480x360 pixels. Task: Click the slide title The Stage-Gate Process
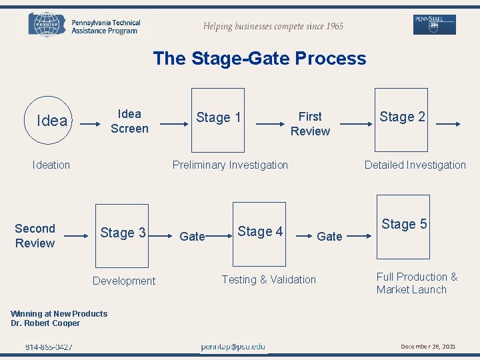pos(259,58)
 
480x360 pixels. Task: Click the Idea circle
pos(51,121)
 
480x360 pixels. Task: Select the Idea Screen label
pos(129,121)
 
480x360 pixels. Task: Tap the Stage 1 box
pos(218,117)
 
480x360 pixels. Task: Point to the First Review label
pos(310,124)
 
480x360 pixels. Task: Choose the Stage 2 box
pos(402,117)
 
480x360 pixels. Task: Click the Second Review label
pos(35,236)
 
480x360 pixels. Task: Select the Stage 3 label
pos(123,233)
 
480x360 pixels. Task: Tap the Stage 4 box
pos(259,231)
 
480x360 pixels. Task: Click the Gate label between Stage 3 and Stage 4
pos(193,236)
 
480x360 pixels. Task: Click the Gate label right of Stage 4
pos(329,236)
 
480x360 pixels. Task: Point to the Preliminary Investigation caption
pos(230,165)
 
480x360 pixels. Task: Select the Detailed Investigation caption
pos(415,165)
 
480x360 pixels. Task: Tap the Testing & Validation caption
pos(269,279)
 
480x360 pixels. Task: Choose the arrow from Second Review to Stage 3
pos(79,235)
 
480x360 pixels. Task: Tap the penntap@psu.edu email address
pos(233,347)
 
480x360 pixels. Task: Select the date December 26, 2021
pos(427,347)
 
